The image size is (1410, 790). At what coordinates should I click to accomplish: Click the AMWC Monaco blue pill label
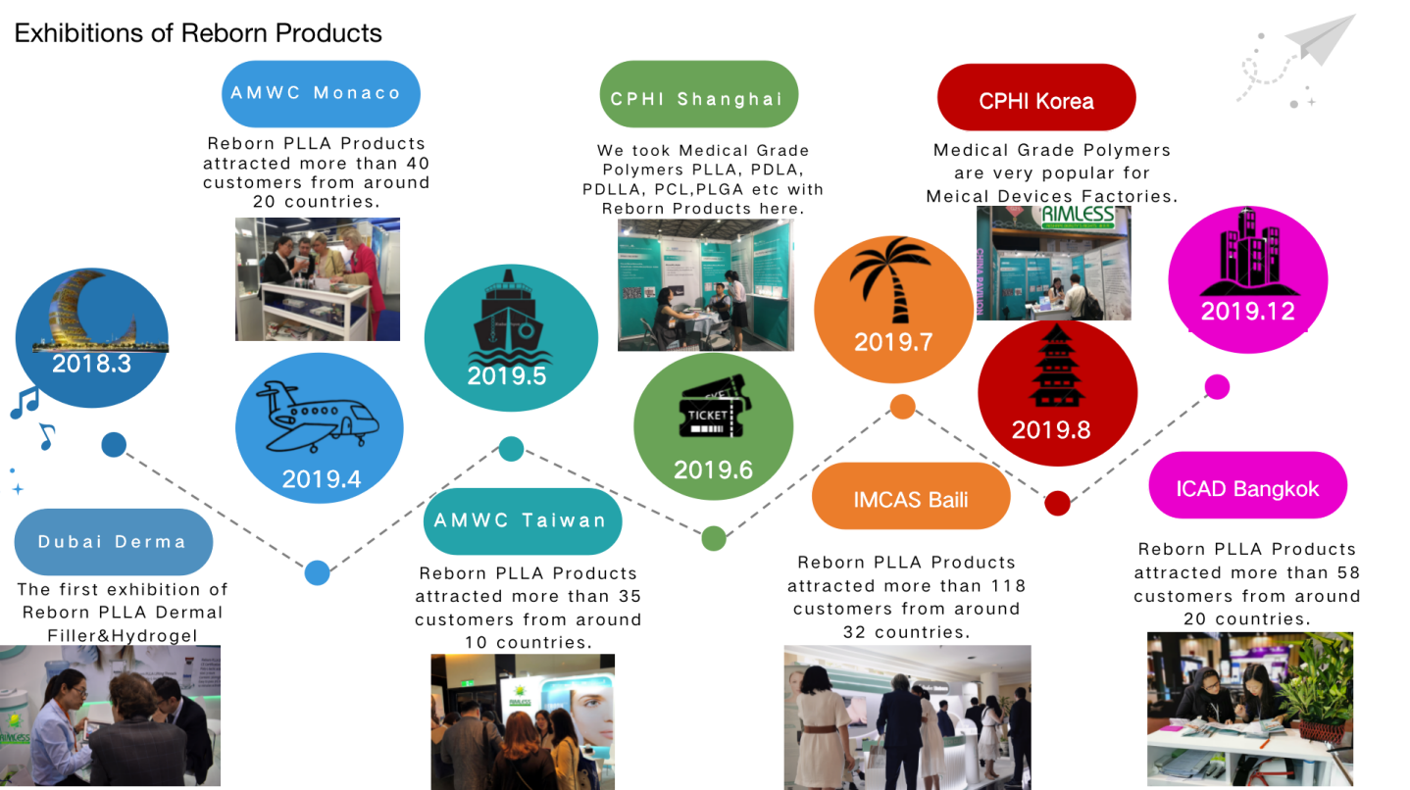[321, 94]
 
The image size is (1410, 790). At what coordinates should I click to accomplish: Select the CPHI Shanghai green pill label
[699, 94]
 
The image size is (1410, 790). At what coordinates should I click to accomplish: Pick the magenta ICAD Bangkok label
[1247, 485]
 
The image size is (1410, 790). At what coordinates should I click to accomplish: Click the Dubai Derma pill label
[114, 542]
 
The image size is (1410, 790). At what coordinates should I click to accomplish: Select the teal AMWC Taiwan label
[523, 520]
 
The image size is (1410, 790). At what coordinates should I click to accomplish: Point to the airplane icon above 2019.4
[318, 417]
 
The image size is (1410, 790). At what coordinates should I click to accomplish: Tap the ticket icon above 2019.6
[714, 408]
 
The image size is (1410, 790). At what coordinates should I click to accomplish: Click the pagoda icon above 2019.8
[1057, 366]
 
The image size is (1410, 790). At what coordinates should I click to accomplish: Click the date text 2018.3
[91, 364]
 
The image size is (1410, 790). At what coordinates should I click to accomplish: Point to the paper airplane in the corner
[1321, 39]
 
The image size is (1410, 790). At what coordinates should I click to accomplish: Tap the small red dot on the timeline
[1057, 503]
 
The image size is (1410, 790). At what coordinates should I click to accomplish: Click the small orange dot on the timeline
[903, 407]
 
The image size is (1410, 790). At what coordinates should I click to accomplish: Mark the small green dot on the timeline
[714, 538]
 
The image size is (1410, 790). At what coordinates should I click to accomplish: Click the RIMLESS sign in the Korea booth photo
[1079, 216]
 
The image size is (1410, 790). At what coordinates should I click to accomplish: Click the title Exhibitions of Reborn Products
[198, 33]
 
